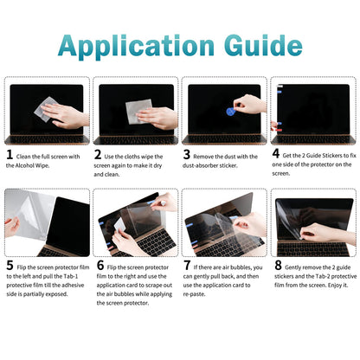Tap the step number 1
tap(10, 157)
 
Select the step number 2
tap(98, 157)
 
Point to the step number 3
tap(186, 157)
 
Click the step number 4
tap(275, 157)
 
